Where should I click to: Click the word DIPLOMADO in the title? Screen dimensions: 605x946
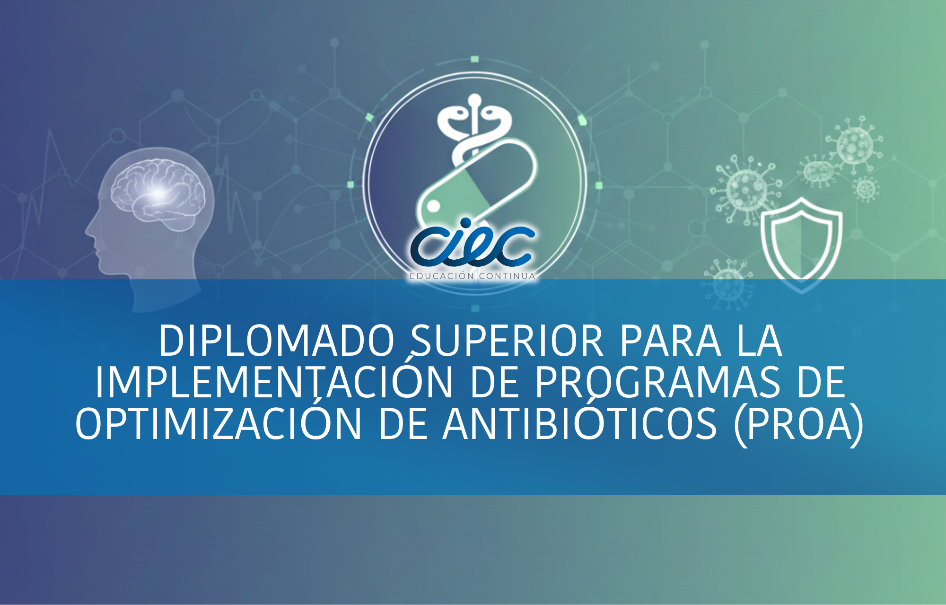pos(277,341)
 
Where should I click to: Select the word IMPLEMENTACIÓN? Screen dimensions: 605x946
pos(274,382)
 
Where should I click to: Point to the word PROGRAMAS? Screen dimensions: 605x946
pos(657,382)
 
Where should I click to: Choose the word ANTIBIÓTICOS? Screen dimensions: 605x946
pos(580,423)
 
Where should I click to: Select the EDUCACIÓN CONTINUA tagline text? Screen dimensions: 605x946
pos(472,276)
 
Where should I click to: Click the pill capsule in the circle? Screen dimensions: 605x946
pos(478,182)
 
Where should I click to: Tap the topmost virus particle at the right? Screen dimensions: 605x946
pos(854,145)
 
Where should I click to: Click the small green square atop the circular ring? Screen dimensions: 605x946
pos(475,59)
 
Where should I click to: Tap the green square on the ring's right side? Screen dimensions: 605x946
pos(598,185)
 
